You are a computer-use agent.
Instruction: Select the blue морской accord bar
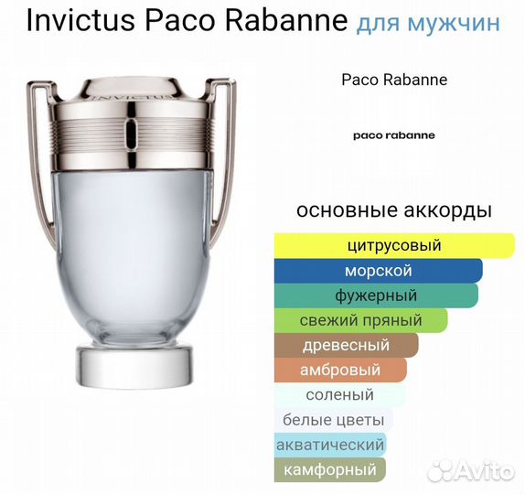tap(378, 271)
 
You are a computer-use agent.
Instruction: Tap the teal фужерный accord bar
tap(376, 295)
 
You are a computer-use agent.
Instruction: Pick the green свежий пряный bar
tap(360, 320)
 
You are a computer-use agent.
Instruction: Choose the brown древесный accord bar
tap(346, 345)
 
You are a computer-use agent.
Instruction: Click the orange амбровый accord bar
tap(340, 370)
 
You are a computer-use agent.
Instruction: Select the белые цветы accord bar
tap(334, 420)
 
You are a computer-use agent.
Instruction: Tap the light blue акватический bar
tap(330, 445)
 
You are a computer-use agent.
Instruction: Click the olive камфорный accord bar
tap(330, 470)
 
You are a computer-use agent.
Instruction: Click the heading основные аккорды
tap(393, 210)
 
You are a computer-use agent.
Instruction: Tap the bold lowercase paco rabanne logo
tap(393, 134)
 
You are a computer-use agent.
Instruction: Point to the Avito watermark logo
tap(472, 471)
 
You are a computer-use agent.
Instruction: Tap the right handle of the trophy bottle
tap(229, 156)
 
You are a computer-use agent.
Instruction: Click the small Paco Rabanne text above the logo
tap(393, 80)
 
